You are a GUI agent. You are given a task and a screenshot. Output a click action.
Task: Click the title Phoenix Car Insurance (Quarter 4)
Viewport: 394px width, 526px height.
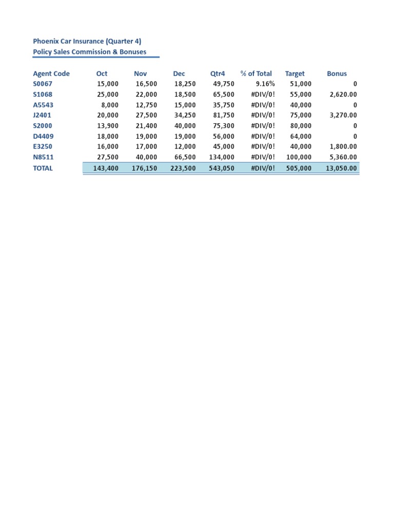click(87, 41)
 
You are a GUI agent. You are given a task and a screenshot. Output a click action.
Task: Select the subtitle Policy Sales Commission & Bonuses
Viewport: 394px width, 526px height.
click(89, 52)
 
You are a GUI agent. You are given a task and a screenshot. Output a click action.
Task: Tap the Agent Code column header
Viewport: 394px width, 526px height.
click(51, 73)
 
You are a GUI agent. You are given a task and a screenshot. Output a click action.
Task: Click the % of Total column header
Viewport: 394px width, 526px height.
click(256, 73)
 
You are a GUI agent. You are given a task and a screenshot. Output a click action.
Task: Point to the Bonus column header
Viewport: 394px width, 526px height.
click(337, 73)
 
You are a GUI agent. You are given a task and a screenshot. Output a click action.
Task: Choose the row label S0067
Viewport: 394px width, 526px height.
click(43, 84)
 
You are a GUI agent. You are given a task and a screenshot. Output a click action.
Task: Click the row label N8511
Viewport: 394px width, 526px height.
click(43, 157)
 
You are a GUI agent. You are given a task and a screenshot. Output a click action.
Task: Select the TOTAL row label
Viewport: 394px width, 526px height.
click(43, 168)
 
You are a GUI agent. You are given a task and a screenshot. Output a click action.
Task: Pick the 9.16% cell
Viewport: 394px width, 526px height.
click(265, 84)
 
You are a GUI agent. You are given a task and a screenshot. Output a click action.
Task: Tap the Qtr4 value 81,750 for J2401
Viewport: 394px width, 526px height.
click(223, 116)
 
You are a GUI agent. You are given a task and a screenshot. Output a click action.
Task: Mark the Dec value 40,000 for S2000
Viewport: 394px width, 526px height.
click(185, 126)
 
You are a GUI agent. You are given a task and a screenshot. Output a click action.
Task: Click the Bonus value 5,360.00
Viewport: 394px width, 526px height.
click(343, 157)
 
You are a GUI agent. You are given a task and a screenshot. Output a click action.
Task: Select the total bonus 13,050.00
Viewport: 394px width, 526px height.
click(341, 168)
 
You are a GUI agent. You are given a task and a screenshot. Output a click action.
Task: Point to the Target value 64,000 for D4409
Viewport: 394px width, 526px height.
click(300, 137)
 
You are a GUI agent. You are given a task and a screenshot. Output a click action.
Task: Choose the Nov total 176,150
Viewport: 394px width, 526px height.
click(144, 168)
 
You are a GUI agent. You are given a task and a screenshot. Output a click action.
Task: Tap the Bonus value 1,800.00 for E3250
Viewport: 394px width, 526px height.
click(343, 147)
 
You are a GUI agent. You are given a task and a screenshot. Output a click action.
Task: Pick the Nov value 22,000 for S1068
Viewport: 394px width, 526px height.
click(146, 95)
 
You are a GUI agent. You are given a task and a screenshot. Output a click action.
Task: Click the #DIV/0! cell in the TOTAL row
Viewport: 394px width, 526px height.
click(263, 168)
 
